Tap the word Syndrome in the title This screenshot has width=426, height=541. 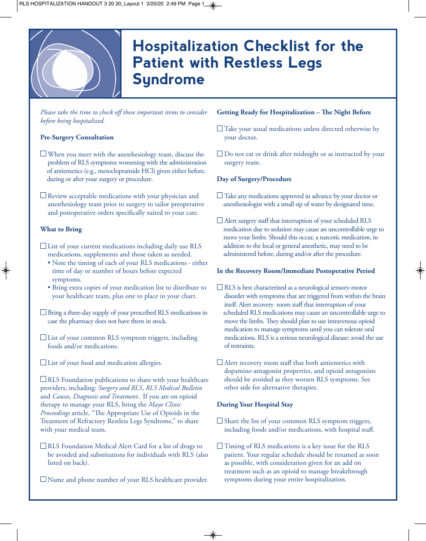tap(169, 79)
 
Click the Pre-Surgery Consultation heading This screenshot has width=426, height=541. tap(77, 137)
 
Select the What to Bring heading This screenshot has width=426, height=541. tap(61, 229)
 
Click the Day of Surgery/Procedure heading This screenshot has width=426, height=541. tap(254, 179)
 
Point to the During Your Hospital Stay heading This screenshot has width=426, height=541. tap(255, 404)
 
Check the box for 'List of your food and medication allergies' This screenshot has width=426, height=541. tap(43, 363)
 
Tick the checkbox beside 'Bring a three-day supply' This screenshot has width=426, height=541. tap(43, 312)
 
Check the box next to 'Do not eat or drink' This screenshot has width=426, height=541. tap(220, 154)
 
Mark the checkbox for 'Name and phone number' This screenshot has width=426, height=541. tap(43, 479)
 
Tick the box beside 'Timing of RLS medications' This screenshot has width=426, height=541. tap(220, 446)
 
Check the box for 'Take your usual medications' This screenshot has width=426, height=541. tap(220, 129)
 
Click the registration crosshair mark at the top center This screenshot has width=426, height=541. tap(213, 5)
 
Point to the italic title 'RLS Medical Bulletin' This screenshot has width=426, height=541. tap(174, 388)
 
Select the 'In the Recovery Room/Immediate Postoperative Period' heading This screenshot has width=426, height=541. tap(296, 271)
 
